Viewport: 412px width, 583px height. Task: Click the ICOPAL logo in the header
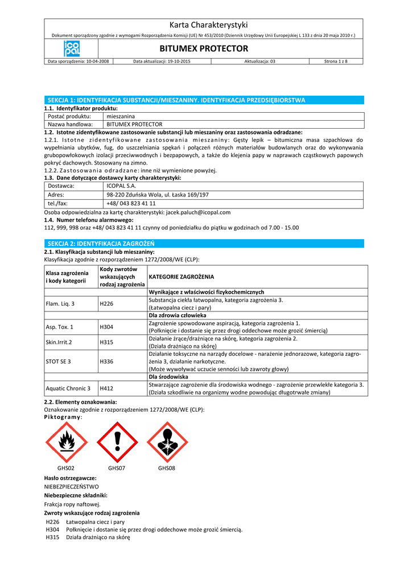click(x=72, y=48)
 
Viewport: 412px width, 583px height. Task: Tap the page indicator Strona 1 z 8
click(x=336, y=61)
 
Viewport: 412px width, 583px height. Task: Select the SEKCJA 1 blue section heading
click(x=176, y=100)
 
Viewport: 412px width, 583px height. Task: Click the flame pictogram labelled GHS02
click(x=67, y=442)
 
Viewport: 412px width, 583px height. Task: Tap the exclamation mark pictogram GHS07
click(x=117, y=442)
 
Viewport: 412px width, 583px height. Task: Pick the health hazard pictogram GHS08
click(x=167, y=442)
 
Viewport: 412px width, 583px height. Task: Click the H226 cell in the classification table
click(x=106, y=303)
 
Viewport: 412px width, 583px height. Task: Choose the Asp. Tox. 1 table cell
click(x=60, y=327)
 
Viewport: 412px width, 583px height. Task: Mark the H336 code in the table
click(x=106, y=362)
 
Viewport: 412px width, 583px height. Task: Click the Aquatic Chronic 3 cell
click(x=68, y=388)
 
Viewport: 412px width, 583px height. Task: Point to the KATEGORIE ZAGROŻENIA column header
click(x=182, y=277)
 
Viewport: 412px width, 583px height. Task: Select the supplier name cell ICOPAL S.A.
click(x=121, y=186)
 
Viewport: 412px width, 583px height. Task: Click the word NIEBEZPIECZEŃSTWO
click(x=71, y=487)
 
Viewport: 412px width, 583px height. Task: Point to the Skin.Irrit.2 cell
click(x=59, y=342)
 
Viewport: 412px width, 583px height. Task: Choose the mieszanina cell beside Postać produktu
click(x=121, y=116)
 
